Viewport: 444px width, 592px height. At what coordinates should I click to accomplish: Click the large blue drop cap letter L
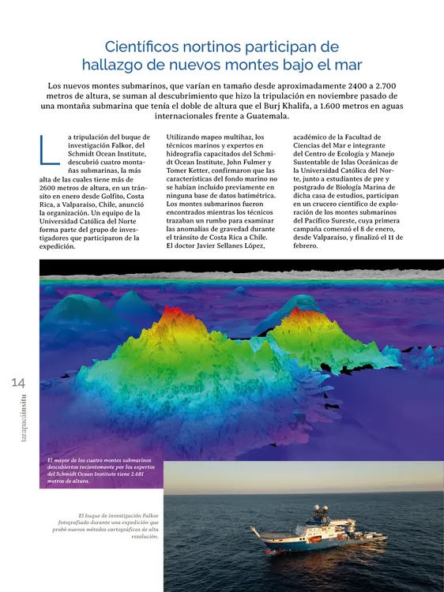48,150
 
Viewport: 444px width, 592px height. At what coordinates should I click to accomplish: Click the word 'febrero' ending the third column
304,246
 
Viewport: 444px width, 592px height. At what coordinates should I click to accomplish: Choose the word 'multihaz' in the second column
224,137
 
